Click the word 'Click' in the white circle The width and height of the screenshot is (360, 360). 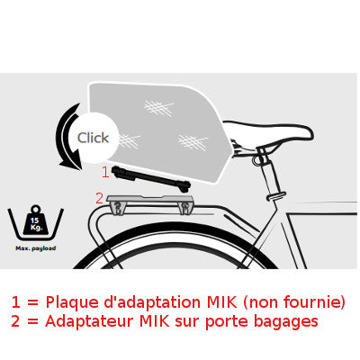(93, 138)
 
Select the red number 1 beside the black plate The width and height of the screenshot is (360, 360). (104, 171)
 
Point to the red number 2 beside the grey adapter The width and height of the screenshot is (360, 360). (99, 198)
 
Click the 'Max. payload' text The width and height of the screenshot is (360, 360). (36, 247)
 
